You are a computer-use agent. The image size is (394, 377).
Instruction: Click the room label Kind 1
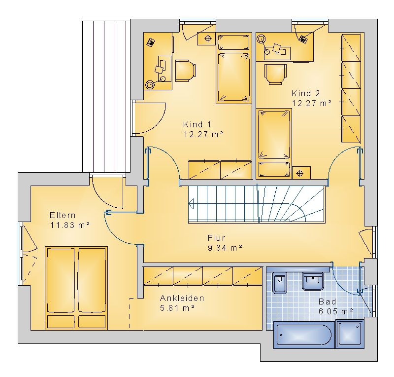(x=197, y=124)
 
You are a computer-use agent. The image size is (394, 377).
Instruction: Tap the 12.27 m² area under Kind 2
(x=312, y=103)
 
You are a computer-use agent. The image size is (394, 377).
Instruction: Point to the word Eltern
(x=63, y=215)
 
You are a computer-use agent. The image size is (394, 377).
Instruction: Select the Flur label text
(x=216, y=238)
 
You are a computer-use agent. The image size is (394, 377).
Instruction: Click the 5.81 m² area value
(x=177, y=308)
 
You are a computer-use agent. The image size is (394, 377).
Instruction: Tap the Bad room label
(x=327, y=302)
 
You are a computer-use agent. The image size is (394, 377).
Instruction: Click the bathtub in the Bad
(x=304, y=335)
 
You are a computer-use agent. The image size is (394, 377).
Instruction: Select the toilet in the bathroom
(x=280, y=283)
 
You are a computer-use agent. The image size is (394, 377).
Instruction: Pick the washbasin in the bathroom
(x=313, y=281)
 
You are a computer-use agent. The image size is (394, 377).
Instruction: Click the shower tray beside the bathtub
(x=350, y=334)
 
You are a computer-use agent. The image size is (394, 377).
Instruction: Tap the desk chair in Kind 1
(x=185, y=71)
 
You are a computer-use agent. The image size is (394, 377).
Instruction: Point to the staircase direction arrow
(x=191, y=204)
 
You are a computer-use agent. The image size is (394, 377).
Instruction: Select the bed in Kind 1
(x=234, y=68)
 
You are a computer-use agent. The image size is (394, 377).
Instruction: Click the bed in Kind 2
(x=274, y=144)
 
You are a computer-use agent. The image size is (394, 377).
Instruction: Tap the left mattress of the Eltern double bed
(x=61, y=280)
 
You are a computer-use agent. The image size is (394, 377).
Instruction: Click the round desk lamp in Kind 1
(x=151, y=84)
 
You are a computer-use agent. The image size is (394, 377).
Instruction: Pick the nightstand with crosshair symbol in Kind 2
(x=301, y=173)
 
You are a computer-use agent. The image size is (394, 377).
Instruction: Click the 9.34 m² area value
(x=225, y=248)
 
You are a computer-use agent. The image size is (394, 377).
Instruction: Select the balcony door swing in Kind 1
(x=150, y=118)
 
